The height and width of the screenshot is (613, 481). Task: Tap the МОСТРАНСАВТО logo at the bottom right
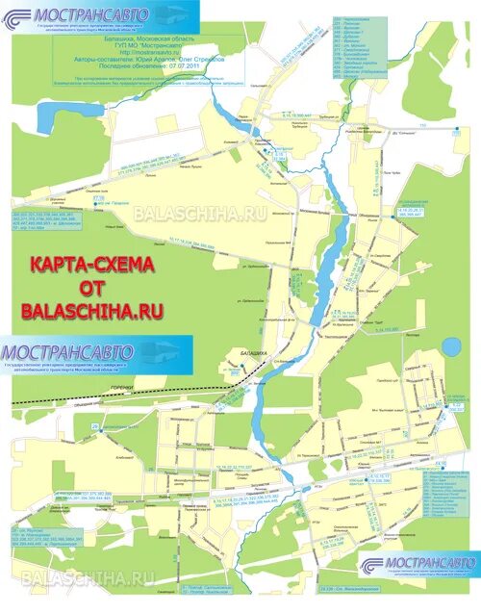pyautogui.click(x=418, y=564)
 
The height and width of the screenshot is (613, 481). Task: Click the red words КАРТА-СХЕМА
pyautogui.click(x=92, y=263)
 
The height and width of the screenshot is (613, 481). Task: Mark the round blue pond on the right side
pyautogui.click(x=451, y=345)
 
